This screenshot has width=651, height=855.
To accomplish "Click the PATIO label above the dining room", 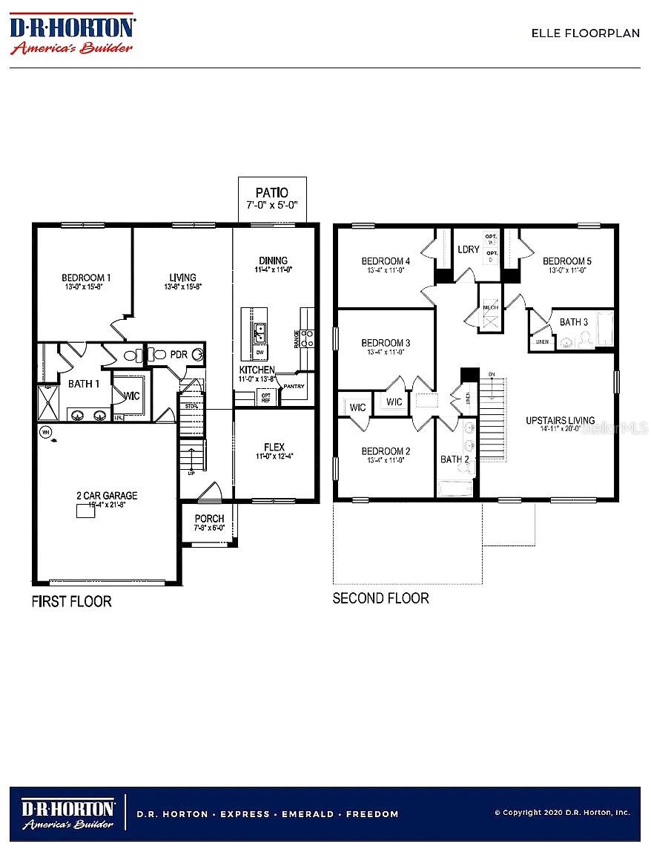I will pyautogui.click(x=271, y=191).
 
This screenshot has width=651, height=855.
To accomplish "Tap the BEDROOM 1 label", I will pyautogui.click(x=86, y=278).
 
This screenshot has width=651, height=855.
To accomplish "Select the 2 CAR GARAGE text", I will pyautogui.click(x=107, y=496).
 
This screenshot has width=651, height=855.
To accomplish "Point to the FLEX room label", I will pyautogui.click(x=274, y=447).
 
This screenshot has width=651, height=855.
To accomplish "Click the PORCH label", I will pyautogui.click(x=209, y=518).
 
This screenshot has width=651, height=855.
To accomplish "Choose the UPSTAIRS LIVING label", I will pyautogui.click(x=560, y=421).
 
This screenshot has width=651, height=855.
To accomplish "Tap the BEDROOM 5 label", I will pyautogui.click(x=567, y=261).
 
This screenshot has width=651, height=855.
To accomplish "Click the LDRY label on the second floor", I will pyautogui.click(x=469, y=249).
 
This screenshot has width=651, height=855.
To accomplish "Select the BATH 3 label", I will pyautogui.click(x=574, y=322).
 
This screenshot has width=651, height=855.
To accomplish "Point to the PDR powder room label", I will pyautogui.click(x=179, y=355).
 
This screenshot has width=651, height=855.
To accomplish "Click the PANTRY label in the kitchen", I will pyautogui.click(x=294, y=387).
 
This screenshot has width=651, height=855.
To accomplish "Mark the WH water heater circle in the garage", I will pyautogui.click(x=46, y=431).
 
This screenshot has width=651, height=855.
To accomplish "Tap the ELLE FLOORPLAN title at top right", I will pyautogui.click(x=585, y=33).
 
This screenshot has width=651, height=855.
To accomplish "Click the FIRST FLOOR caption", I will pyautogui.click(x=71, y=601).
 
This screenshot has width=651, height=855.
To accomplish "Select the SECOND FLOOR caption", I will pyautogui.click(x=380, y=598).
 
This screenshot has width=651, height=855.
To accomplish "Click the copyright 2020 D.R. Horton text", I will pyautogui.click(x=562, y=813).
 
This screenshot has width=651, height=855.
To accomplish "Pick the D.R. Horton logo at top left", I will pyautogui.click(x=71, y=33).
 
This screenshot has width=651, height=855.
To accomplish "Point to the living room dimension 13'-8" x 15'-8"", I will pyautogui.click(x=182, y=286).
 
